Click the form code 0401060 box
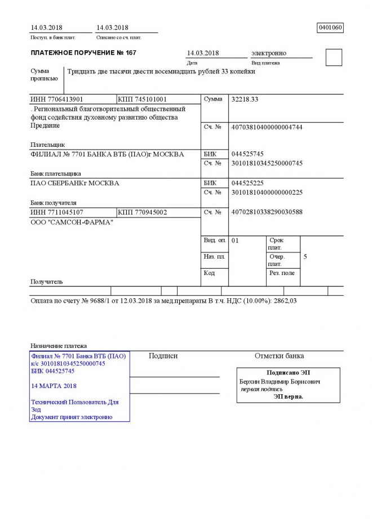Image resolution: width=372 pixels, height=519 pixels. pyautogui.click(x=330, y=27)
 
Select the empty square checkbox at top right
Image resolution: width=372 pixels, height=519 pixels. pyautogui.click(x=334, y=58)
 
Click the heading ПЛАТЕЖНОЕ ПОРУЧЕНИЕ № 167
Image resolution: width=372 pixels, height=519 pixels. pyautogui.click(x=83, y=53)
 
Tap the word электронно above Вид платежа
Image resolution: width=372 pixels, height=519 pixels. pyautogui.click(x=269, y=53)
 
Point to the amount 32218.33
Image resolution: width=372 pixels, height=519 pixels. pyautogui.click(x=245, y=99)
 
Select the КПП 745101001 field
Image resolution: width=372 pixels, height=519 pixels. pyautogui.click(x=142, y=99)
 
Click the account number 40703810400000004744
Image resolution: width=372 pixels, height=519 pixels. pyautogui.click(x=267, y=127)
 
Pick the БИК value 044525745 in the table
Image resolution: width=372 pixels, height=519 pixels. pyautogui.click(x=247, y=154)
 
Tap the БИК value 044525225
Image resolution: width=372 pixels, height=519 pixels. pyautogui.click(x=247, y=183)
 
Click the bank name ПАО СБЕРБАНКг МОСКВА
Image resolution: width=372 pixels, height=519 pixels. pyautogui.click(x=74, y=183)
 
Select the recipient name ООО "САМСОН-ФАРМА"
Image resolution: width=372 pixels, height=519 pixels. pyautogui.click(x=72, y=222)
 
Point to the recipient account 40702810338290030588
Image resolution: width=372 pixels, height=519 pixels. pyautogui.click(x=267, y=212)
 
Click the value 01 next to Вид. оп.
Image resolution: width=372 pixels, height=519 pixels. pyautogui.click(x=236, y=241)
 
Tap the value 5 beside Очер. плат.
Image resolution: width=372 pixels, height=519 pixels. pyautogui.click(x=305, y=257)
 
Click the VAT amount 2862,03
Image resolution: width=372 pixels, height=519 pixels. pyautogui.click(x=285, y=301)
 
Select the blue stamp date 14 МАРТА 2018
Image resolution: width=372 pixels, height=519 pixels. pyautogui.click(x=54, y=386)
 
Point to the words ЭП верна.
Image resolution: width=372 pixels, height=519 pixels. pyautogui.click(x=288, y=396)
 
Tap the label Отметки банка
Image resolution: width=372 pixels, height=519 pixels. pyautogui.click(x=279, y=356)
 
